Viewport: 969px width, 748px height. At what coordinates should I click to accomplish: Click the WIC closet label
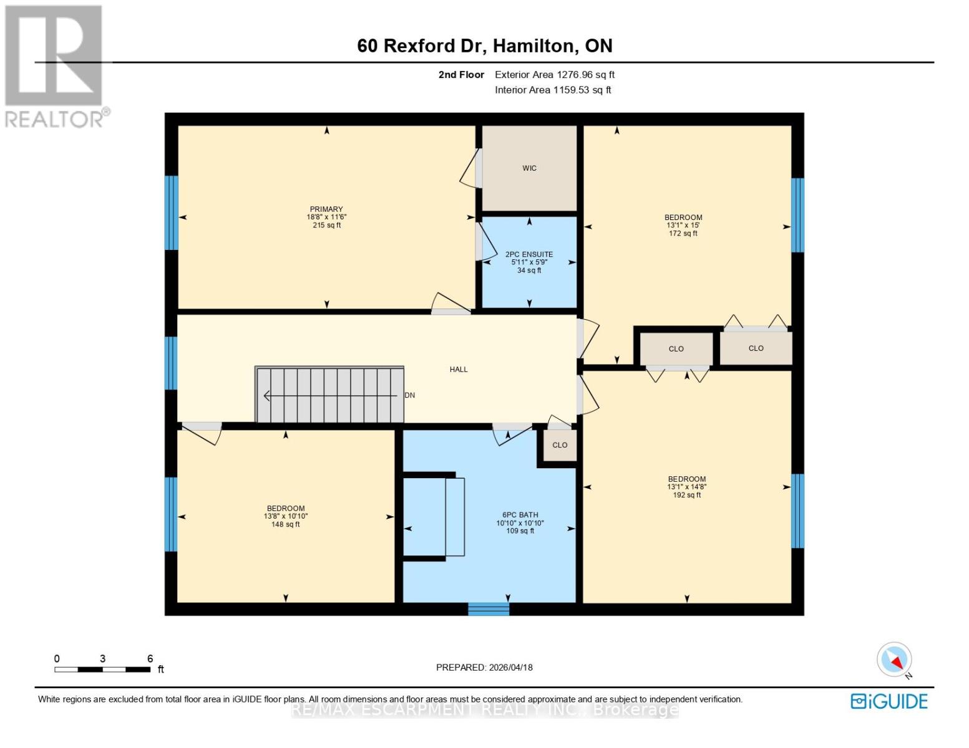click(x=529, y=168)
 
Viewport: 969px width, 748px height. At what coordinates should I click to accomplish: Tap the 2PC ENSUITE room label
click(x=529, y=254)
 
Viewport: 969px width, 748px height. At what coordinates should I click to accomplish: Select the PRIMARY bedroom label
click(x=326, y=209)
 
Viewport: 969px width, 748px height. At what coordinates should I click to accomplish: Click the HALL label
click(x=459, y=370)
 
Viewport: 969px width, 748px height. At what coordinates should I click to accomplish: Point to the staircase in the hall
click(x=329, y=395)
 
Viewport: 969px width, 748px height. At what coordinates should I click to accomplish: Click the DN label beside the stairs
click(x=409, y=395)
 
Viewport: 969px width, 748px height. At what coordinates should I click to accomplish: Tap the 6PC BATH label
click(x=520, y=515)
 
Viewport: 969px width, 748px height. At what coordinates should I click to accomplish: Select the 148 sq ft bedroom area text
click(x=285, y=525)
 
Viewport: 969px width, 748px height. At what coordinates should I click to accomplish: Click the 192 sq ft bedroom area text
click(x=686, y=496)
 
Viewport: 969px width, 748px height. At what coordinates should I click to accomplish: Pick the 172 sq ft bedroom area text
click(x=683, y=234)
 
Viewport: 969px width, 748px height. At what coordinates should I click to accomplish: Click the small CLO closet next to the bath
click(x=560, y=445)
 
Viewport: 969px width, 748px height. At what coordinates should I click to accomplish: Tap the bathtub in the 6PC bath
click(x=434, y=517)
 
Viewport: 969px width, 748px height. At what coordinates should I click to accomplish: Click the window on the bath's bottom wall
click(x=489, y=609)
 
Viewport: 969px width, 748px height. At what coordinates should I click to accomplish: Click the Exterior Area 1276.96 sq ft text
click(x=555, y=75)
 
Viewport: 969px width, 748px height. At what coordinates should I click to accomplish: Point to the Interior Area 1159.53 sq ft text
click(x=553, y=90)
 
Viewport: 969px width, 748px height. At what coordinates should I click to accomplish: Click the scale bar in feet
click(x=102, y=669)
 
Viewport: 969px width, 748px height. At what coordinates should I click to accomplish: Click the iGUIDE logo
click(x=889, y=701)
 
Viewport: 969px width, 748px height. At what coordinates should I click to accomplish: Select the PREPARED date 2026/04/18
click(x=484, y=668)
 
